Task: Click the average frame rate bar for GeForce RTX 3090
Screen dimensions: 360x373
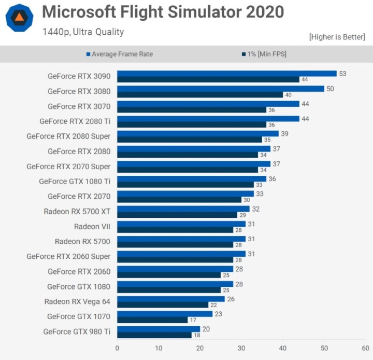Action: [x=226, y=74]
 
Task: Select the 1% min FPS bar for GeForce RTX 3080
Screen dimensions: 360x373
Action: [x=199, y=95]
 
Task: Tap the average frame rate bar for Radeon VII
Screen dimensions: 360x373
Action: [x=181, y=224]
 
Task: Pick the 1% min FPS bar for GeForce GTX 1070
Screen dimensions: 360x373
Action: [x=152, y=320]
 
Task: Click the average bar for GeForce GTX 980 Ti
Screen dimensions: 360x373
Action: [x=158, y=329]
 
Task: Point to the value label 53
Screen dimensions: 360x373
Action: [x=342, y=74]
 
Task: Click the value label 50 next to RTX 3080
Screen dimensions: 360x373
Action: [x=330, y=89]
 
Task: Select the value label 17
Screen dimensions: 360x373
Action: [x=193, y=320]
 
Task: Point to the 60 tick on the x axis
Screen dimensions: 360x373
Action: [x=365, y=348]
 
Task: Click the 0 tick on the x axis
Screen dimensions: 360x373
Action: [x=117, y=348]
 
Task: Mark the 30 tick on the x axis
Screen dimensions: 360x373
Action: [x=241, y=348]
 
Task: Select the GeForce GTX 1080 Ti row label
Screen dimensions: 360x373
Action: [x=75, y=181]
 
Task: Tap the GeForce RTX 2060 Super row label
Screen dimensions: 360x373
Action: [x=68, y=256]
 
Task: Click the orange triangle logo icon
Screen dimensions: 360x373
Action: [x=19, y=18]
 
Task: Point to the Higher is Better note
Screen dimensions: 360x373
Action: [x=337, y=37]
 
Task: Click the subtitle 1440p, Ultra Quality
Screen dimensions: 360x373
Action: [x=83, y=32]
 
